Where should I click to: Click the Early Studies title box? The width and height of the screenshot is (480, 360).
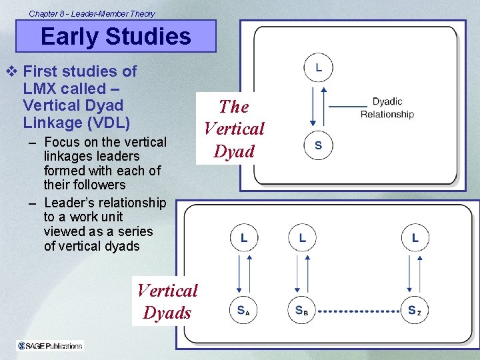[116, 36]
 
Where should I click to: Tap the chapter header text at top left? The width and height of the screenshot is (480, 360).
[92, 13]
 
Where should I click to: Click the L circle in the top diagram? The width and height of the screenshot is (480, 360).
[318, 68]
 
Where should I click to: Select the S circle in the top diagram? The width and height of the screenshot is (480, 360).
[318, 146]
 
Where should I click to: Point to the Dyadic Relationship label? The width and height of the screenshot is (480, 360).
[387, 108]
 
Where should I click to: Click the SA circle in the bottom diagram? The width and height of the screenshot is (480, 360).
[244, 310]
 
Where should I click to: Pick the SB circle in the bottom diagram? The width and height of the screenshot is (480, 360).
[302, 310]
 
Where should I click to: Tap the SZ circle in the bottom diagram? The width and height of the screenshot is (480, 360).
[415, 310]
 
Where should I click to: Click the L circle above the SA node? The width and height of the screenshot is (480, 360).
[244, 238]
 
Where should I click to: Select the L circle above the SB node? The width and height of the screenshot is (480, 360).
[302, 238]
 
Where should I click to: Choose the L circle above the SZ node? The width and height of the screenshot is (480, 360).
[415, 238]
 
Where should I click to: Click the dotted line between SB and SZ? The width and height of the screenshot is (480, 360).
[359, 311]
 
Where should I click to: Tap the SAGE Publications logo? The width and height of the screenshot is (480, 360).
[51, 345]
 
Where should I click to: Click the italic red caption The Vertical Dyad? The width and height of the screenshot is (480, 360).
[234, 129]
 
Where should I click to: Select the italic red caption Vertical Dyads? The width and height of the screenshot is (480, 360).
[167, 301]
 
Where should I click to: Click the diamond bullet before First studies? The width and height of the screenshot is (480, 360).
[9, 71]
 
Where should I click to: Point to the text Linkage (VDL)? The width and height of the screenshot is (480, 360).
[76, 123]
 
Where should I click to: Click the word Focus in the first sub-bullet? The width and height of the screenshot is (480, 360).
[63, 142]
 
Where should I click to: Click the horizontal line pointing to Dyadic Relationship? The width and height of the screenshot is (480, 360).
[348, 106]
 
